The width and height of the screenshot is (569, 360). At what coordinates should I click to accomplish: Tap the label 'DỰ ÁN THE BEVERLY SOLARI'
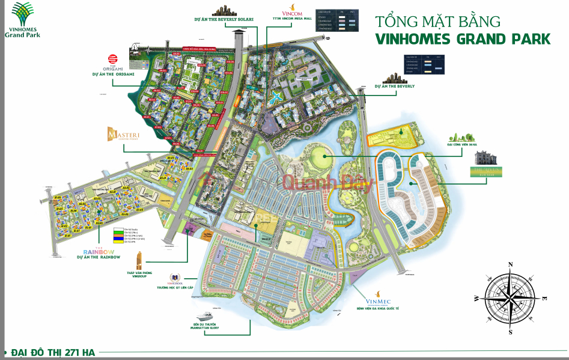[x=224, y=19]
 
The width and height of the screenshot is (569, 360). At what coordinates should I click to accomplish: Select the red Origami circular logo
[x=112, y=59]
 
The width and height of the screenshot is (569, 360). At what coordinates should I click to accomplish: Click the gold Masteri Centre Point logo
[x=123, y=135]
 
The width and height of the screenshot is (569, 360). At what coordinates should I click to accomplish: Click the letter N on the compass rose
[x=510, y=264]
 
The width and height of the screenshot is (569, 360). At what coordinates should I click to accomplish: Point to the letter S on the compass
[x=510, y=332]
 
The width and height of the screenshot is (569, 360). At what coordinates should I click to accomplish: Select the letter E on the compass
[x=544, y=298]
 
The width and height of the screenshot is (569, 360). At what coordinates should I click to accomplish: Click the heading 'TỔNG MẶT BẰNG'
[x=437, y=22]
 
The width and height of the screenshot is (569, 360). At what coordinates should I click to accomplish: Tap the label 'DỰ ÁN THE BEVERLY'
[x=394, y=87]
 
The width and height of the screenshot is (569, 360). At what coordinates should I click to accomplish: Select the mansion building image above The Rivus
[x=485, y=159]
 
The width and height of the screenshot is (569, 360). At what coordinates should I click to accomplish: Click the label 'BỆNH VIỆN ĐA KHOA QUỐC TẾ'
[x=376, y=311]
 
